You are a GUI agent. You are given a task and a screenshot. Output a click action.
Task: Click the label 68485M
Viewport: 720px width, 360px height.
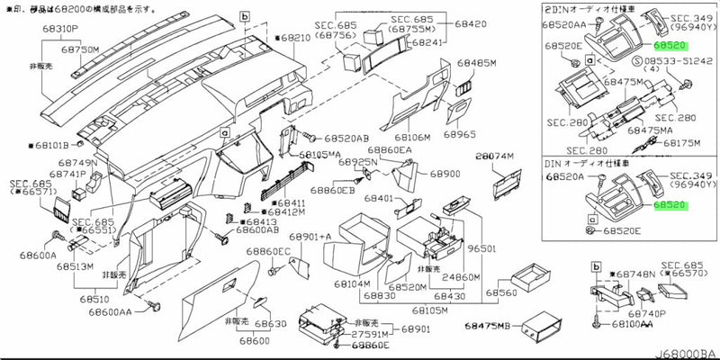476,64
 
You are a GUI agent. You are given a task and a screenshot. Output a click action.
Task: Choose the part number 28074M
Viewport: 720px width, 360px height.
493,156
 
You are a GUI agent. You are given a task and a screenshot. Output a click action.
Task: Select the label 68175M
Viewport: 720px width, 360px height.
680,142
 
